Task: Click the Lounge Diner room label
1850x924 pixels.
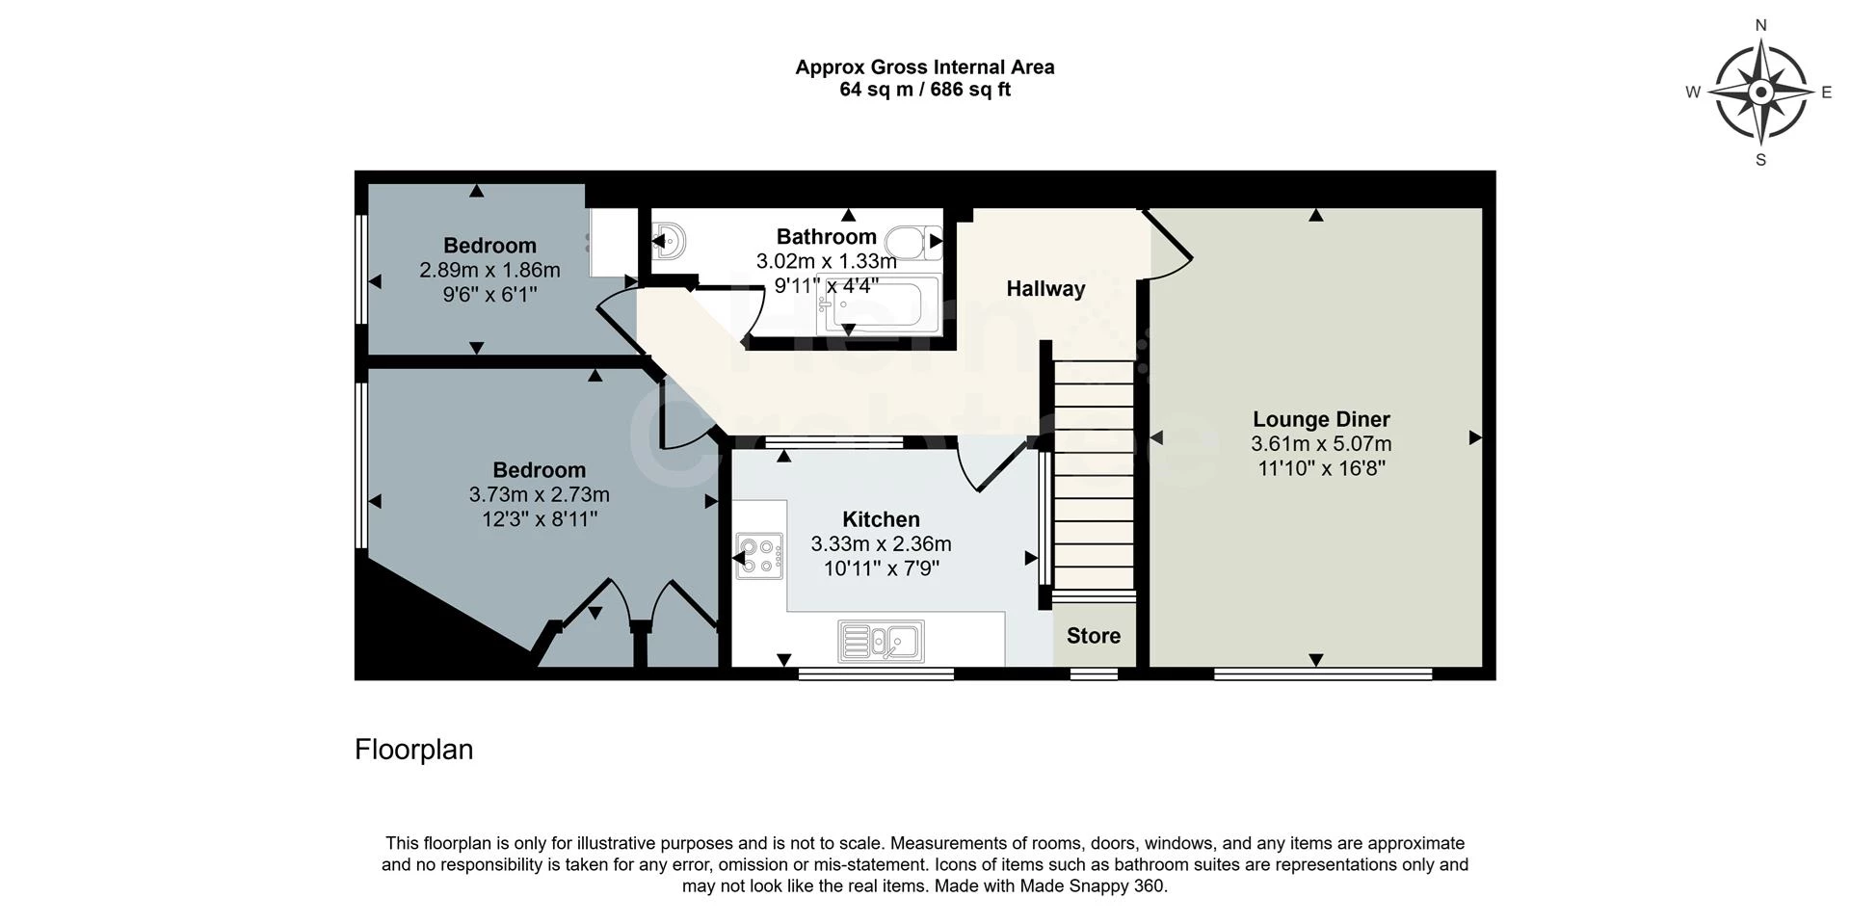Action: click(x=1321, y=419)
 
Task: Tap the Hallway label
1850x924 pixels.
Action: click(x=1045, y=288)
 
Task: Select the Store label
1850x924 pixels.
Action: click(x=1094, y=636)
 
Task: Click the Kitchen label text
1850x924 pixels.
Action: click(x=881, y=519)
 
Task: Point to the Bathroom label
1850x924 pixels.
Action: click(x=827, y=236)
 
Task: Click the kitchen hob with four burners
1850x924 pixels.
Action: click(x=759, y=556)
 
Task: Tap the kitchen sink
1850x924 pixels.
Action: click(x=881, y=641)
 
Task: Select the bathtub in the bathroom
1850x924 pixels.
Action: click(x=878, y=305)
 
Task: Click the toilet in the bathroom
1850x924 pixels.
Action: click(x=913, y=242)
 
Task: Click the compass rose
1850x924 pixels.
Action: click(x=1760, y=92)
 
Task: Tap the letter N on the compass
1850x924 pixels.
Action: click(x=1761, y=26)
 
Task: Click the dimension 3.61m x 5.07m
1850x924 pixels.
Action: click(x=1321, y=444)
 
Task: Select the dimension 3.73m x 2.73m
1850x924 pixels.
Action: click(x=539, y=494)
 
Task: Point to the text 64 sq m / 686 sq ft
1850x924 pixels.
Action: click(x=925, y=90)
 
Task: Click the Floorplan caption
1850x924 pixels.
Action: click(x=414, y=750)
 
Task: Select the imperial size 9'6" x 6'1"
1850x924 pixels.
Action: click(x=489, y=294)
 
